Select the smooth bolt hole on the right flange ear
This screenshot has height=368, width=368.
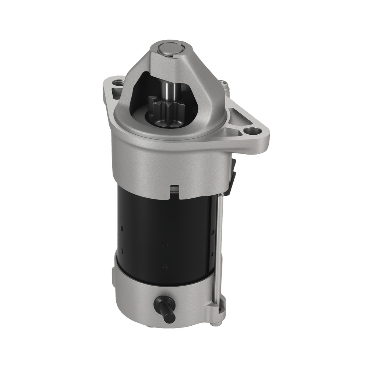click(x=252, y=131)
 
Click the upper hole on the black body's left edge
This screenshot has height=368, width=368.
click(x=121, y=229)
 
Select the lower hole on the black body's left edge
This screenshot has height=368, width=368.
click(x=121, y=251)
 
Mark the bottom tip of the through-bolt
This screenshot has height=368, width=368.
click(x=219, y=323)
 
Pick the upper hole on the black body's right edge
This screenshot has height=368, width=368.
click(x=213, y=232)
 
